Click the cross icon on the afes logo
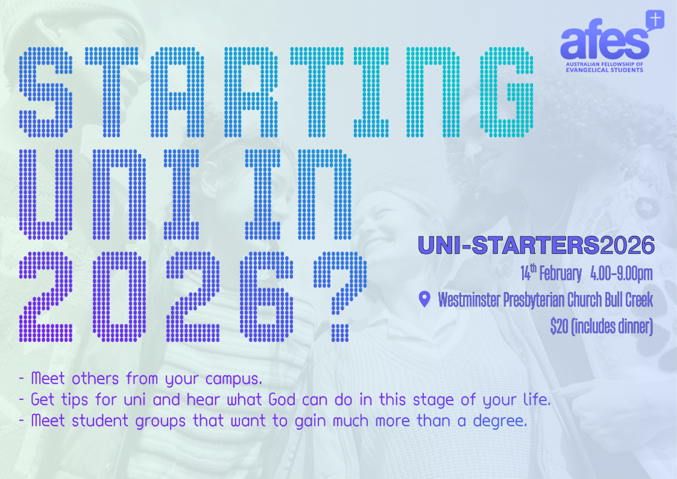[x=655, y=20]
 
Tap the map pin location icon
[x=425, y=299]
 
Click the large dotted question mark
[x=340, y=297]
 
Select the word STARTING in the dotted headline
[x=276, y=92]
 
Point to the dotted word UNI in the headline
[x=109, y=194]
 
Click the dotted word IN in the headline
[x=298, y=194]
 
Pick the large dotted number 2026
[x=156, y=297]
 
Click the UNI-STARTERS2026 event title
[x=537, y=246]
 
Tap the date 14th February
[x=551, y=273]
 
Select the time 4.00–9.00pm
[x=622, y=274]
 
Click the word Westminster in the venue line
[x=469, y=300]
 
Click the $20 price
[x=559, y=326]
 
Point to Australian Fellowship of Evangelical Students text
[x=605, y=67]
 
